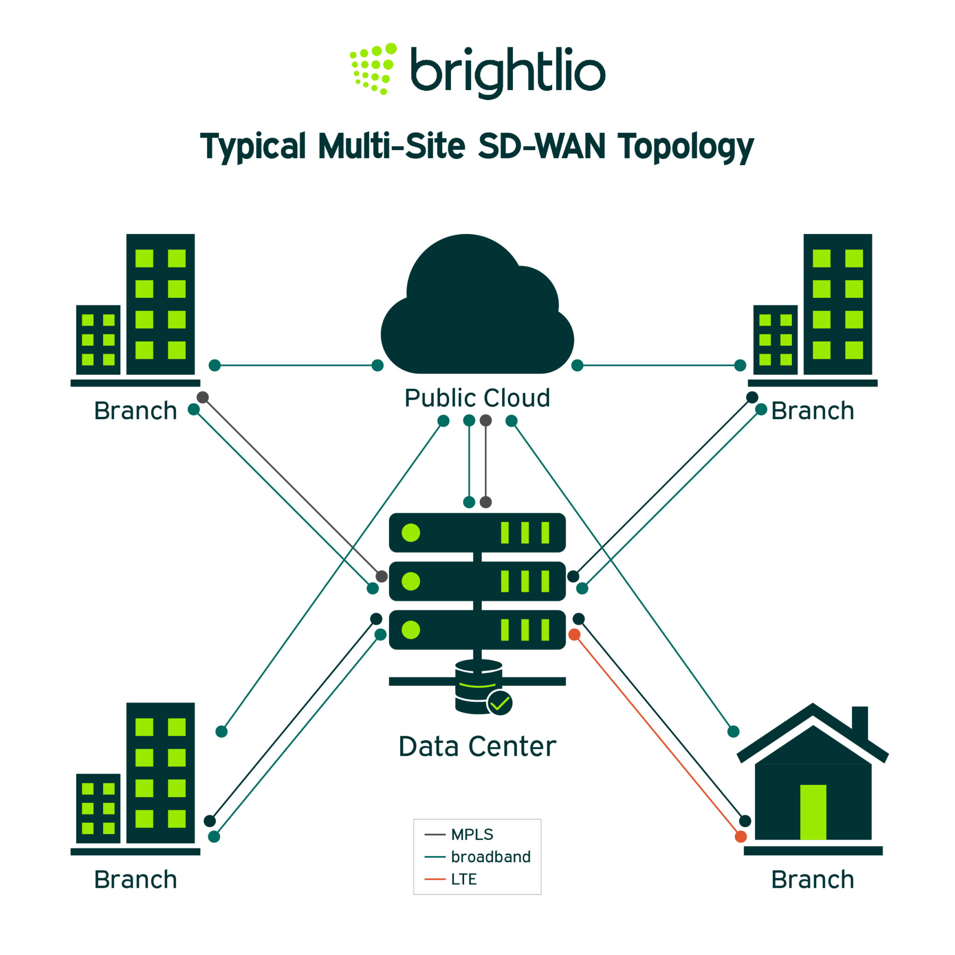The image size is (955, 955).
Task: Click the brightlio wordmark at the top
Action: (x=508, y=72)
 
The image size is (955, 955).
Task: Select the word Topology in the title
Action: (x=685, y=147)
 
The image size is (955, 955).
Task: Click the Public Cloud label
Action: (x=477, y=398)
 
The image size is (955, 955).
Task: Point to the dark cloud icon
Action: (x=477, y=311)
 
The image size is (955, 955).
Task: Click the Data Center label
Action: (x=477, y=746)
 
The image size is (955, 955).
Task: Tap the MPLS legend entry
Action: (x=471, y=834)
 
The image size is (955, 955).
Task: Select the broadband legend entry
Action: (x=491, y=857)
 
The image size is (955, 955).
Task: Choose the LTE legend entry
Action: (x=463, y=879)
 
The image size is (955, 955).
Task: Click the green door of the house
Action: (x=813, y=812)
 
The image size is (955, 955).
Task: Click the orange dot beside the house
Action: (x=740, y=837)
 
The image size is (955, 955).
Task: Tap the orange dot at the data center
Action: (x=574, y=635)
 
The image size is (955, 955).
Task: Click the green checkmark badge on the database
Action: (x=500, y=703)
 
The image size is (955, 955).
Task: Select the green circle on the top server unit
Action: (x=411, y=533)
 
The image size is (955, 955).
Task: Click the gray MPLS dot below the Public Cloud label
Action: (x=486, y=421)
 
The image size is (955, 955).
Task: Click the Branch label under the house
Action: (x=813, y=880)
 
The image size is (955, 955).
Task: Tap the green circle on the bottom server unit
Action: (x=411, y=630)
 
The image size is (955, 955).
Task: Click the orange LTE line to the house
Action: (x=657, y=735)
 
